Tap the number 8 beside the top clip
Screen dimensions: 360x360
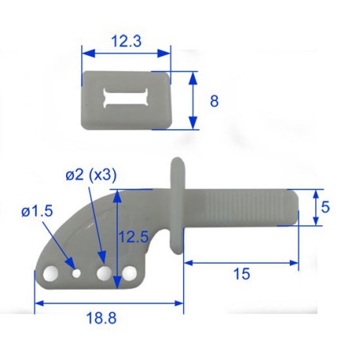click(x=214, y=101)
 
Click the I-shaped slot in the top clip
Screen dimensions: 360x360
click(x=126, y=97)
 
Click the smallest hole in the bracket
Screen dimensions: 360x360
click(x=76, y=272)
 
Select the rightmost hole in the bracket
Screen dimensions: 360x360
click(x=129, y=276)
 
